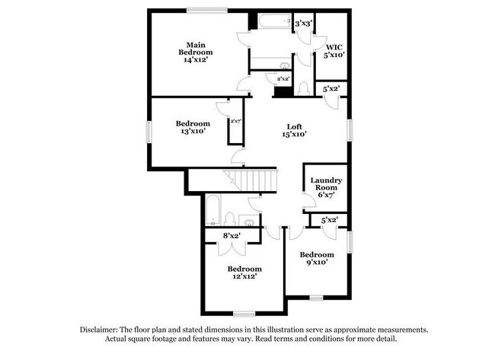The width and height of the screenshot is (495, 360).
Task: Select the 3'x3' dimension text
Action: click(x=305, y=24)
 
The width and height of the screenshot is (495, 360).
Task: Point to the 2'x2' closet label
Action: click(x=283, y=78)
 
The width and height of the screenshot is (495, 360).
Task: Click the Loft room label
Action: click(x=295, y=130)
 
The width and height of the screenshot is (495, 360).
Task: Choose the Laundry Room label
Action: click(x=325, y=187)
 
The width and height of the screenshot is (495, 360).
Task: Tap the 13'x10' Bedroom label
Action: click(x=193, y=127)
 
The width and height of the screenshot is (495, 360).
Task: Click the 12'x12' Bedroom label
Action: click(x=244, y=272)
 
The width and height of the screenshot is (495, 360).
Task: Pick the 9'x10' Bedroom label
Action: click(x=316, y=257)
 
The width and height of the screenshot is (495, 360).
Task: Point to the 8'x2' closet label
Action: click(x=231, y=236)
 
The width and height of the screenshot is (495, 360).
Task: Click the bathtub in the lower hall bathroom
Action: click(x=213, y=209)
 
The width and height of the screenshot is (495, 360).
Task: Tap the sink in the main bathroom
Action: click(x=285, y=65)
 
